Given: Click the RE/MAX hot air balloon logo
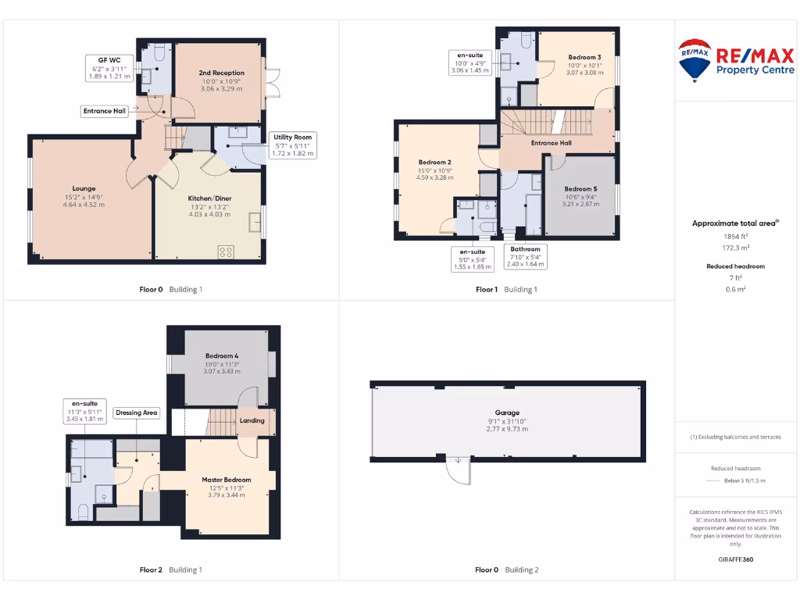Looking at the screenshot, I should click(x=694, y=60).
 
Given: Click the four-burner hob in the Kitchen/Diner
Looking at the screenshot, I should click(x=227, y=251).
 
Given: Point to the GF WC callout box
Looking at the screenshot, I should click(x=109, y=68).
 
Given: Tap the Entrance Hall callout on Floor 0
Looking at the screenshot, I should click(x=105, y=112).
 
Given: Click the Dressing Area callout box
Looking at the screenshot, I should click(x=137, y=412).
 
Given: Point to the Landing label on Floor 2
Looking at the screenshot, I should click(x=252, y=420).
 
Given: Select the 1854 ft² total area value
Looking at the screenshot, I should click(x=735, y=235).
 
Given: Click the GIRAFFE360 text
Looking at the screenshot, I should click(x=735, y=559).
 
